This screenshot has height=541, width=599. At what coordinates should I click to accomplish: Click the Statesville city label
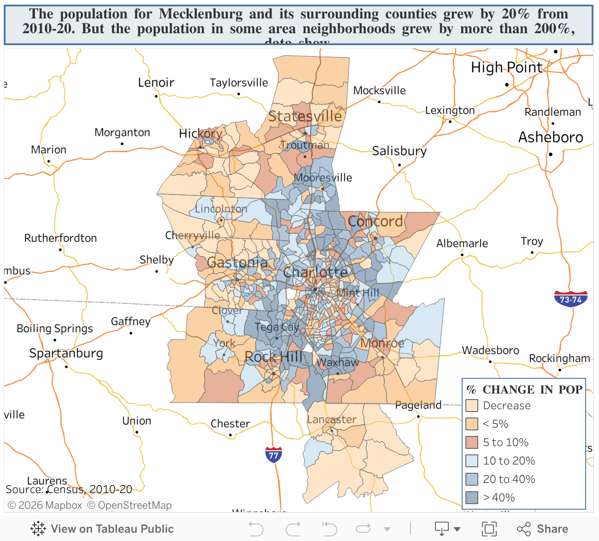(x=305, y=116)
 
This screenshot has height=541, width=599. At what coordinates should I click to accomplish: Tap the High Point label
(x=506, y=68)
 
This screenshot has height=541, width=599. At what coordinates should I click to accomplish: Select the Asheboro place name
(x=551, y=137)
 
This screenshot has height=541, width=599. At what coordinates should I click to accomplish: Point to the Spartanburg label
(x=66, y=353)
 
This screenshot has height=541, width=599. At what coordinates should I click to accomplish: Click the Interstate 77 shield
(x=274, y=454)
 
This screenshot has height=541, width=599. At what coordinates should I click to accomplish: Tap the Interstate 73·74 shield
(x=570, y=299)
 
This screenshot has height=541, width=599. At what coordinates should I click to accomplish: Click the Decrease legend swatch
(x=472, y=406)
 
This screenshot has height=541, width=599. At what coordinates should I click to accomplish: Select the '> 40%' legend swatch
(x=472, y=498)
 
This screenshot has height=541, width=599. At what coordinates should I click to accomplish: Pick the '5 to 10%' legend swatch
(x=472, y=442)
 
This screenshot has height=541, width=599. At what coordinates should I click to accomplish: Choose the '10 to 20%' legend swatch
(x=472, y=461)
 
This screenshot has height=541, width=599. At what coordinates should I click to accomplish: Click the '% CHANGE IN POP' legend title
(x=524, y=390)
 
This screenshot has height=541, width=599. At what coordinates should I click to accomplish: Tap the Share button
(x=542, y=529)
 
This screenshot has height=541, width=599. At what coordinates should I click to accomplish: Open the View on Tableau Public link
(x=102, y=529)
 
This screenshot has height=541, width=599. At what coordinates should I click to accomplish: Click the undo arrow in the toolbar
(x=256, y=529)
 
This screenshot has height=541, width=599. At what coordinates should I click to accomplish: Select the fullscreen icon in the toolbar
(x=489, y=529)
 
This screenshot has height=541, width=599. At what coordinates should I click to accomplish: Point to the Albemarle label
(x=462, y=243)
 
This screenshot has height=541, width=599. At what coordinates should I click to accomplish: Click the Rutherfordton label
(x=60, y=238)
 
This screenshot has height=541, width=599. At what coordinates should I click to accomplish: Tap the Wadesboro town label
(x=490, y=351)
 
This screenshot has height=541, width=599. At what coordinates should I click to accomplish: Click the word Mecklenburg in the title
(x=201, y=14)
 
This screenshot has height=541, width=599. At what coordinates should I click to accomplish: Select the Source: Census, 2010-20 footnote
(x=69, y=489)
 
